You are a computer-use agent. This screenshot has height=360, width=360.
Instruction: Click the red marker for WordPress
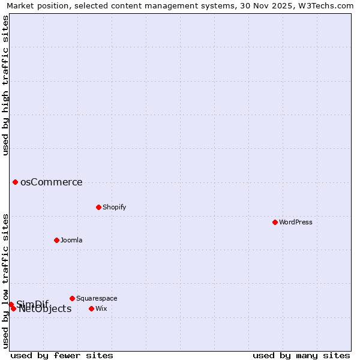coord(275,222)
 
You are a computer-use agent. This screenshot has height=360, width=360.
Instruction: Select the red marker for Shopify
coord(98,207)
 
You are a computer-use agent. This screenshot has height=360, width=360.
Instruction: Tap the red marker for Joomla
coord(56,240)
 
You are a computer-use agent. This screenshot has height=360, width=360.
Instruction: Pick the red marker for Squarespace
coord(72,298)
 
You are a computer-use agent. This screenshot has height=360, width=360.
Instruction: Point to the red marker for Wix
coord(91,308)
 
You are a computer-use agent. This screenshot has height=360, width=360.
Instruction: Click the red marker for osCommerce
coord(15,182)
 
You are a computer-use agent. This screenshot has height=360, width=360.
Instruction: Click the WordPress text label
coord(296,222)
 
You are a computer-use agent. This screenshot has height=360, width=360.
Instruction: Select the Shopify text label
coord(114,207)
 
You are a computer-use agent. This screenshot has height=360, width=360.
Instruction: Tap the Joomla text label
coord(71,240)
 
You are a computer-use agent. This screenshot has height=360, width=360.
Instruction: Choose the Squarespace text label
coord(97,298)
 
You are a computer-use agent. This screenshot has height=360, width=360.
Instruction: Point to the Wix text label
coord(101,308)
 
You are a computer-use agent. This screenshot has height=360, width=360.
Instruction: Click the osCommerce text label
coord(51,182)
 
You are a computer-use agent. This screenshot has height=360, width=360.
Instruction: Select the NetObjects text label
coord(45,309)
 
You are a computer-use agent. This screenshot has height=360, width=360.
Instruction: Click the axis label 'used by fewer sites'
coord(62,355)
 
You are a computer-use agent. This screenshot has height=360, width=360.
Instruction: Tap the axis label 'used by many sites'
coord(301,355)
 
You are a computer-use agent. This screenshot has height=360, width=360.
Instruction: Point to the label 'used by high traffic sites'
coord(6,85)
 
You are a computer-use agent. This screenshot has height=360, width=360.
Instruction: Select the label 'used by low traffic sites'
coord(6,280)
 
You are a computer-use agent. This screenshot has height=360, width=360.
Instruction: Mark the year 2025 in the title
coord(282,6)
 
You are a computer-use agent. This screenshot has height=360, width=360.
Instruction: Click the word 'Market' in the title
coord(22,6)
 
